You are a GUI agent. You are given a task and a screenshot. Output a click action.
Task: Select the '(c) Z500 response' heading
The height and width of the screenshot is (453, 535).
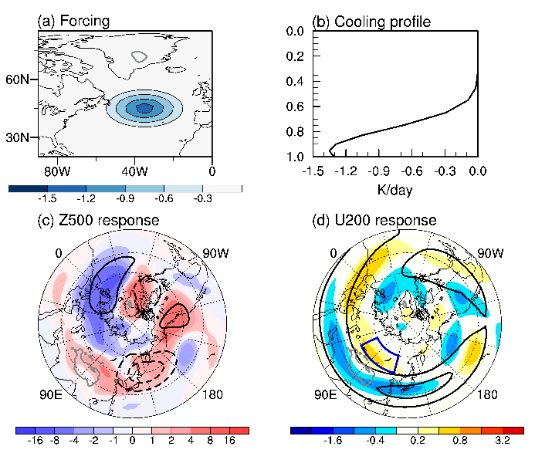98,221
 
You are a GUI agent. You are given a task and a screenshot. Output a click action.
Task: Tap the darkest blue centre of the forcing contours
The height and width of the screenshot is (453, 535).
144,108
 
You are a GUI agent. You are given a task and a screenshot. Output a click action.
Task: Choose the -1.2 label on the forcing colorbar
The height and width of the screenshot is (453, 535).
85,198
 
